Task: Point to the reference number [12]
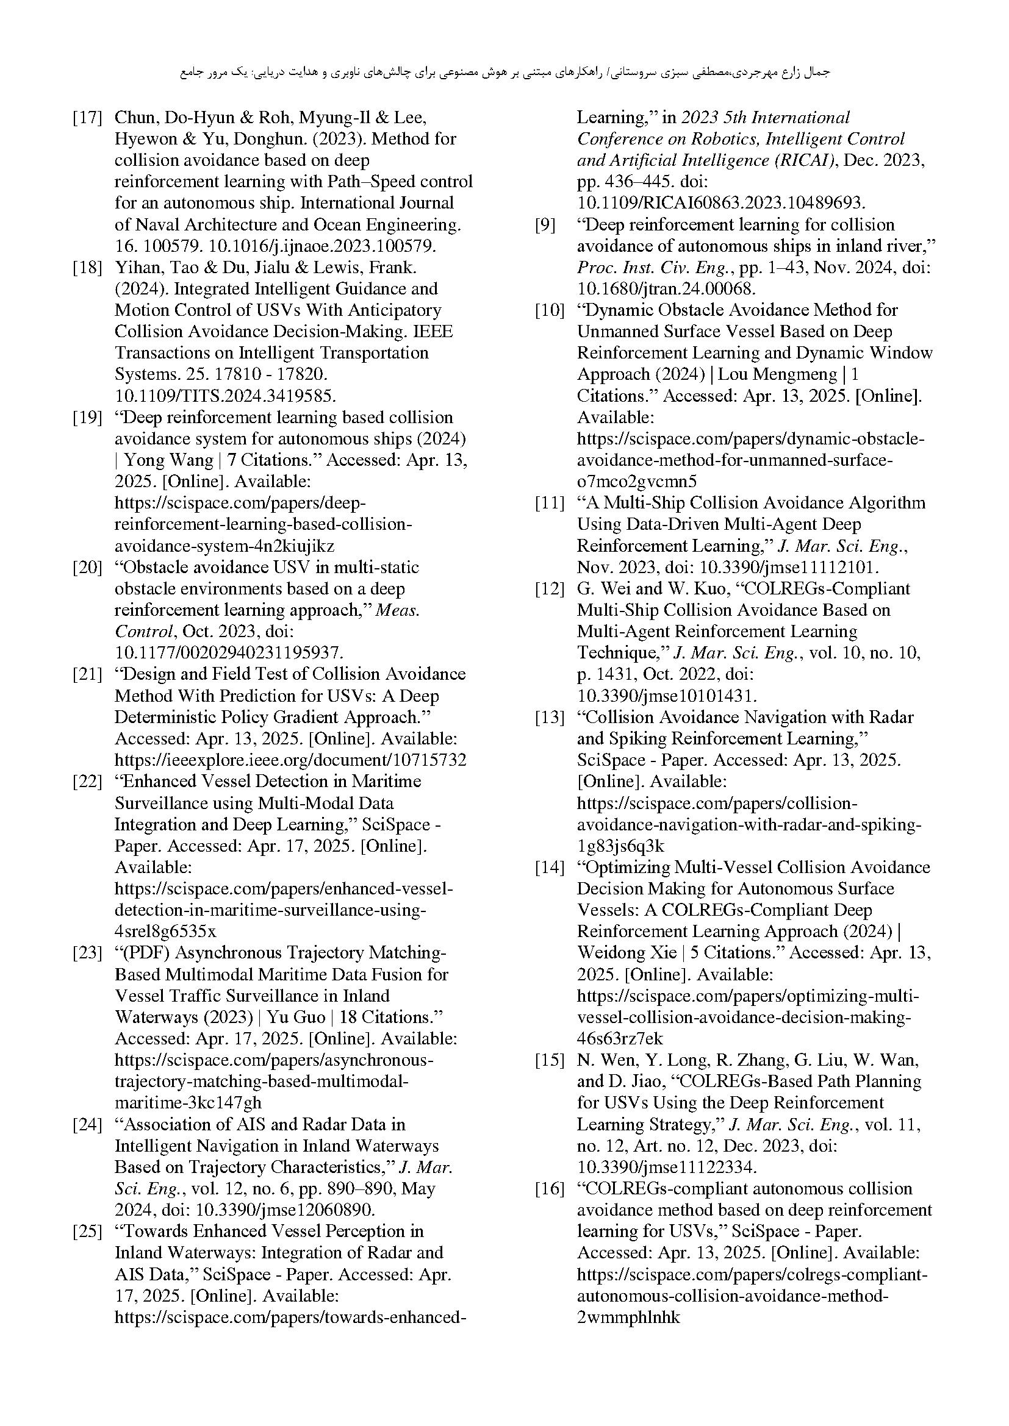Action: (549, 589)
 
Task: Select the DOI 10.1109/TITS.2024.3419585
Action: (225, 396)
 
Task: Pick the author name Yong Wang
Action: (160, 460)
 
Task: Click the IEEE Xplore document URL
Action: (290, 760)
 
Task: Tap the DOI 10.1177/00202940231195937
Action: (229, 653)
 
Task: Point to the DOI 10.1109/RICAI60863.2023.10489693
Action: (720, 203)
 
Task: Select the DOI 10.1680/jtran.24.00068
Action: (666, 289)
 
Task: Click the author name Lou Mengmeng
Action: (777, 374)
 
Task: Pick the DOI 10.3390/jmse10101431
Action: (667, 696)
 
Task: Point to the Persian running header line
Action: (504, 73)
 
